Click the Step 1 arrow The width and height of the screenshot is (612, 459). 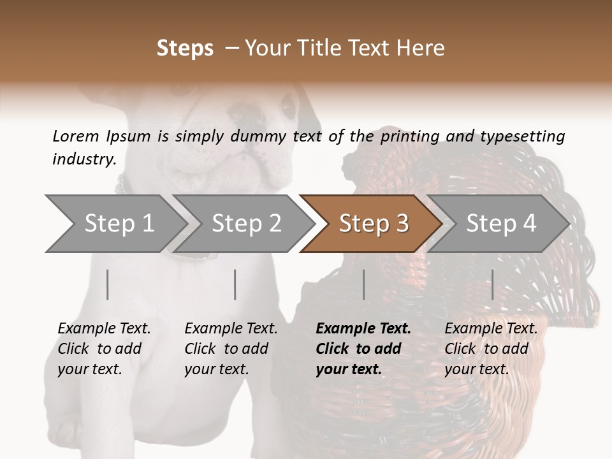point(115,224)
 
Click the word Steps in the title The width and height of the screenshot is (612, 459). point(185,48)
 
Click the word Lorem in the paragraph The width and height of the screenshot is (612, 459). point(75,136)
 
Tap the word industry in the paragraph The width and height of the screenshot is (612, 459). point(84,159)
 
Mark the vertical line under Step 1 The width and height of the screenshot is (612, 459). point(108,284)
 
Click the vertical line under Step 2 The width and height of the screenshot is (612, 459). point(235,284)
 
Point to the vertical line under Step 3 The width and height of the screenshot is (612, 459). point(363,284)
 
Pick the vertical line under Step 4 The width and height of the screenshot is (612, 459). point(492,284)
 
